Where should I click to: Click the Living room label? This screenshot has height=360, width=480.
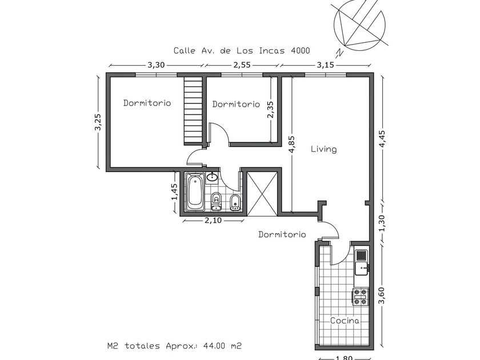[x=323, y=149]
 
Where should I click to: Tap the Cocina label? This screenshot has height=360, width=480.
[x=345, y=321]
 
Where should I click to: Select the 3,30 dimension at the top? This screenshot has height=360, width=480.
[x=156, y=65]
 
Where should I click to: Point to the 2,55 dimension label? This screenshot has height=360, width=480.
[x=242, y=65]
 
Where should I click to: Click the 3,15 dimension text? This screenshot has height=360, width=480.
[x=325, y=65]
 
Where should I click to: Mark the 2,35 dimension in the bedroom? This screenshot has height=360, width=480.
[x=270, y=110]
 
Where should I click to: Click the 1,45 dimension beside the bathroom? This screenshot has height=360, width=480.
[x=174, y=192]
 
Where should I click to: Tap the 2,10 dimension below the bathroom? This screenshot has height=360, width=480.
[x=213, y=221]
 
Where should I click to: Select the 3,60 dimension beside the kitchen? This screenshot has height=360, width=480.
[x=382, y=296]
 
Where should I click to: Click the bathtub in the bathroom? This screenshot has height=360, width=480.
[x=195, y=192]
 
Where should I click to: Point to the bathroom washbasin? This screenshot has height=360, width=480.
[x=212, y=177]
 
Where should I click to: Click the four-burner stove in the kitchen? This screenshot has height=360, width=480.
[x=361, y=297]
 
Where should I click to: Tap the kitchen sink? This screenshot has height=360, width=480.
[x=362, y=262]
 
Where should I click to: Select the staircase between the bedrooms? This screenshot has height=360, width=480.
[x=194, y=111]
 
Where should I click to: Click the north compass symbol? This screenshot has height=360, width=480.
[x=359, y=27]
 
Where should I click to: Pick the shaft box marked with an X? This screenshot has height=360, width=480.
[x=262, y=194]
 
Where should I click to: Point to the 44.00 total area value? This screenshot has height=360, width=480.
[x=214, y=346]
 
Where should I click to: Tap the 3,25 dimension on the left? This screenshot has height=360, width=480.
[x=98, y=122]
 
